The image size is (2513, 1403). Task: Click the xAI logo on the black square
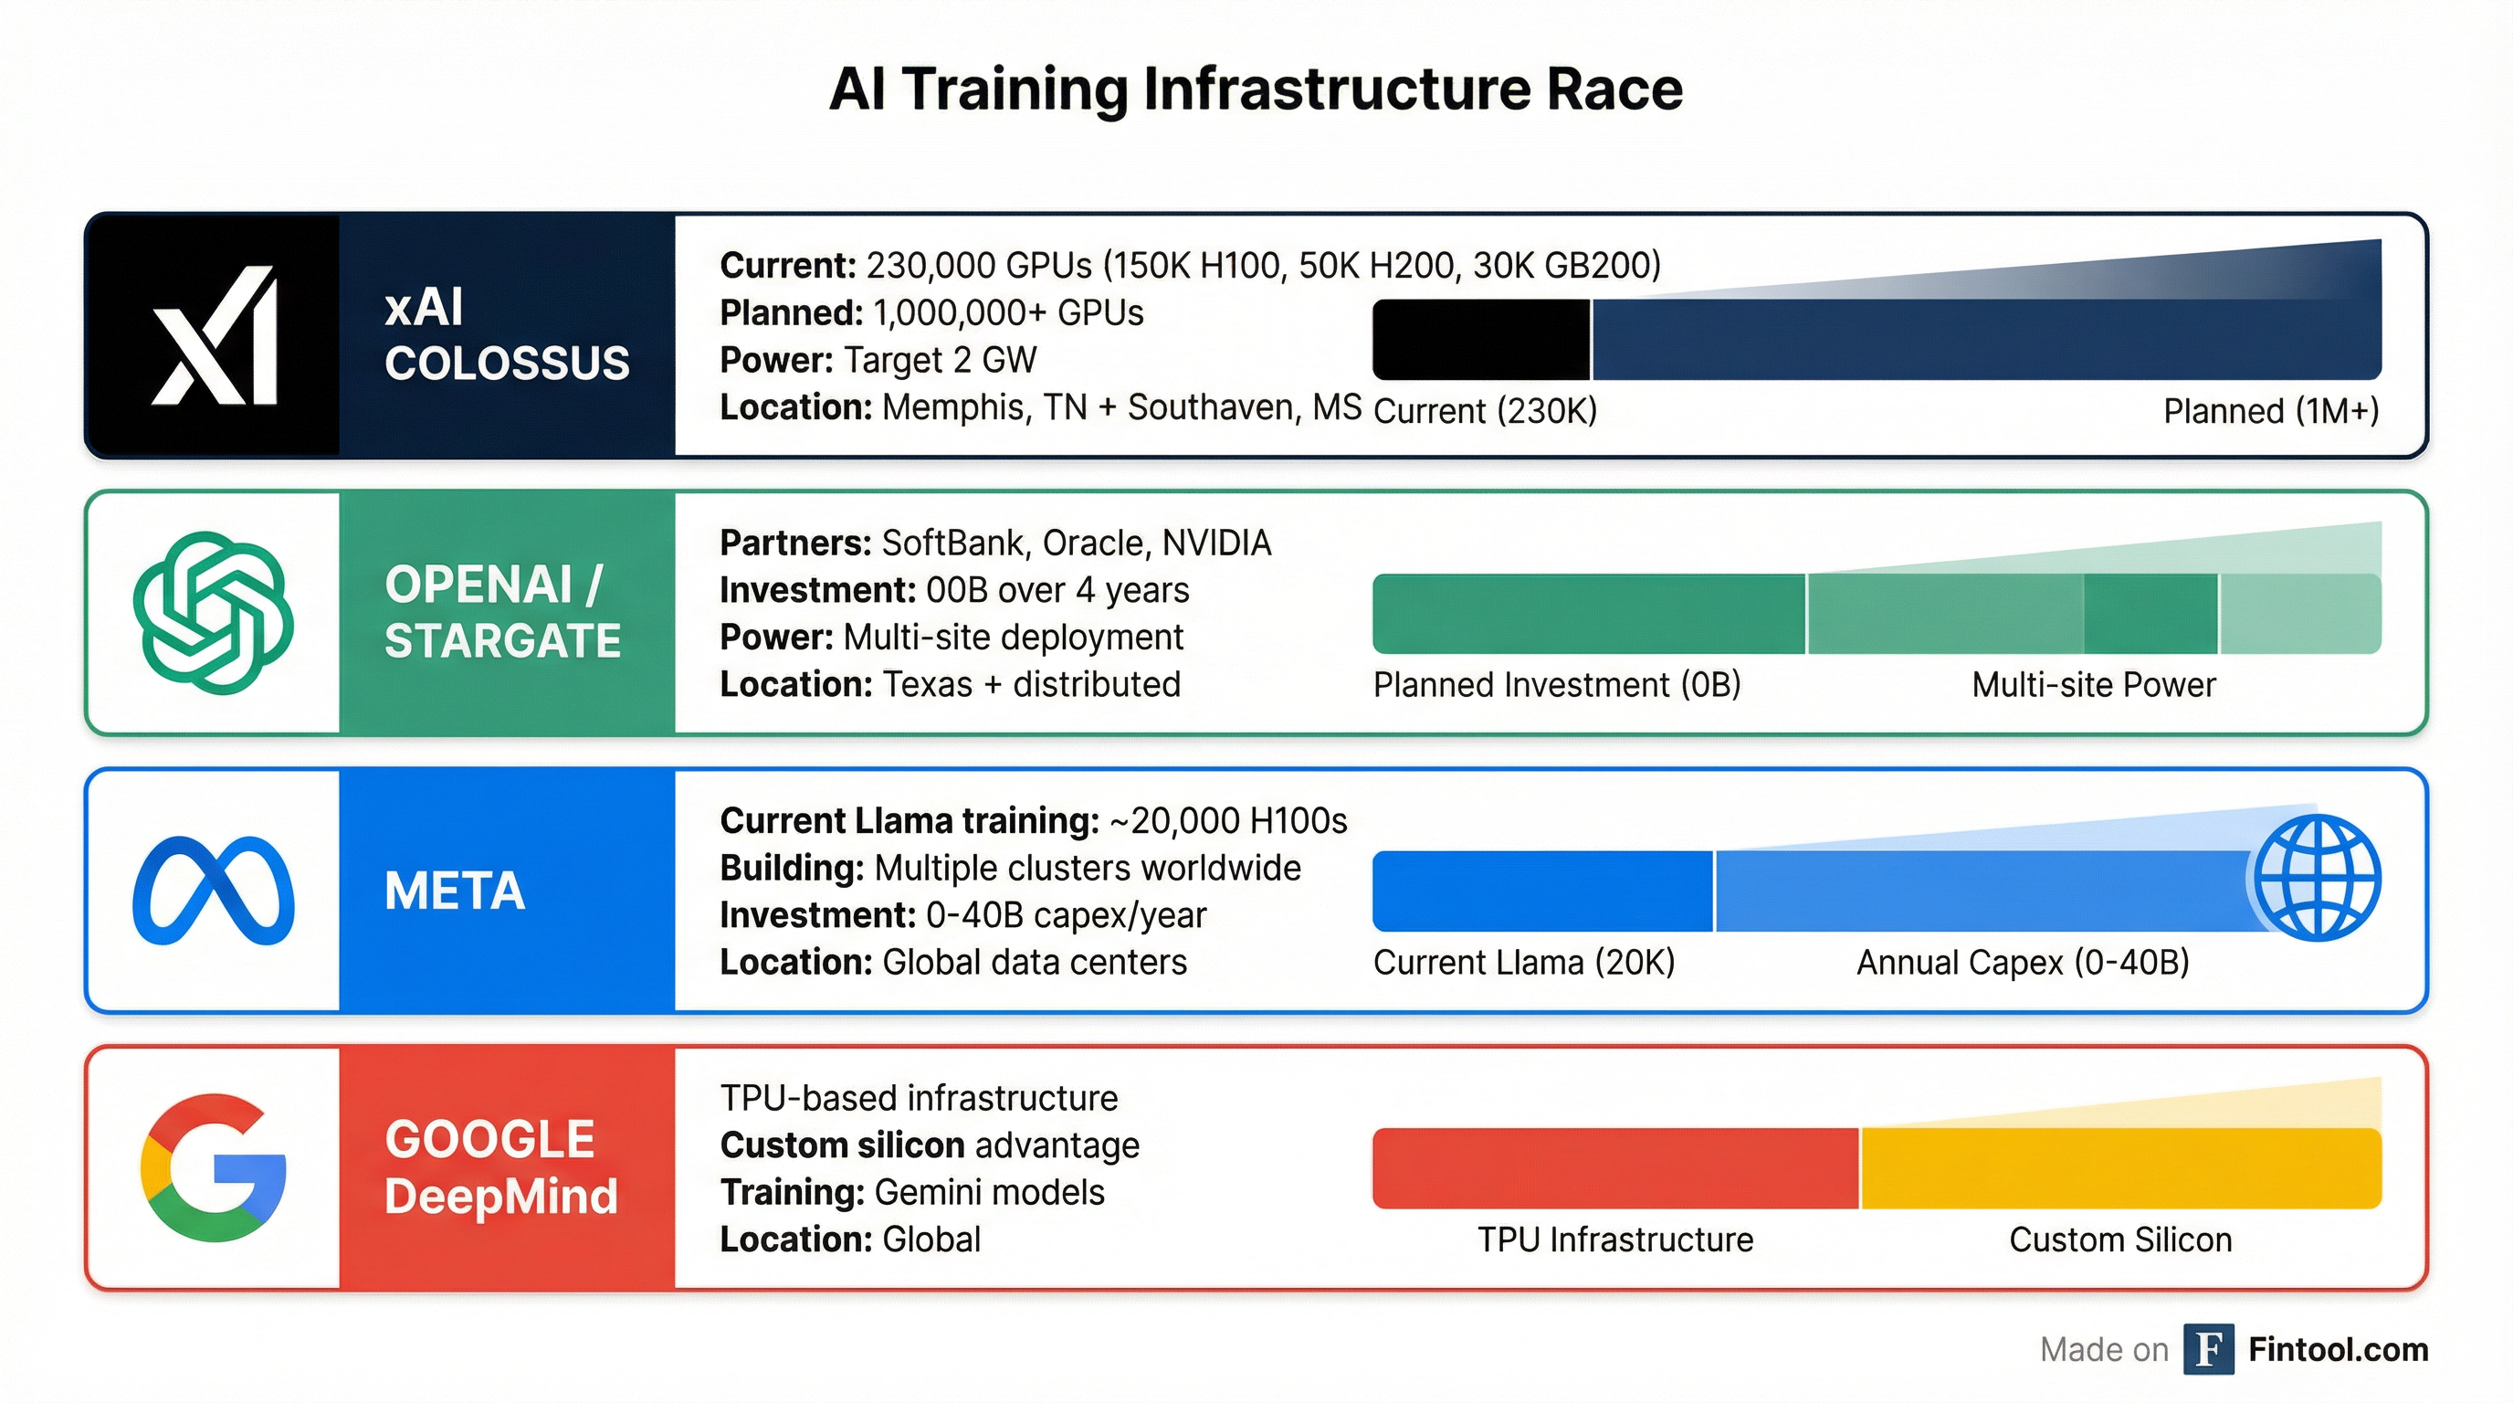tap(214, 334)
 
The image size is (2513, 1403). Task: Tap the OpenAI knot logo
tap(213, 613)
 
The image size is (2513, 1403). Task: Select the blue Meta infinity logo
tap(213, 890)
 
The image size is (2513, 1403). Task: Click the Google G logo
tap(213, 1168)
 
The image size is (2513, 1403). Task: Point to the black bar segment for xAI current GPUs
tap(1481, 340)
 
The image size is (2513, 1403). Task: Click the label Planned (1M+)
tap(2270, 411)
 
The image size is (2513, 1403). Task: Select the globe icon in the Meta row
tap(2317, 877)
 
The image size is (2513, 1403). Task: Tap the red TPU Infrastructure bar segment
tap(1614, 1168)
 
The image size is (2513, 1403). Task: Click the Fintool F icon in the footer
tap(2209, 1349)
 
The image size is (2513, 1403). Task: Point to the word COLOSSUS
tap(506, 364)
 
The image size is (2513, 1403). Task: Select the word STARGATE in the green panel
tap(502, 641)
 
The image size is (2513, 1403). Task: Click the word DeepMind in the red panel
tap(501, 1197)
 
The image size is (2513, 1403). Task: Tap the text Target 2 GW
tap(940, 360)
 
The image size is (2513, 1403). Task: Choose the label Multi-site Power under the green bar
tap(2094, 685)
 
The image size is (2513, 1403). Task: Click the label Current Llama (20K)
tap(1524, 963)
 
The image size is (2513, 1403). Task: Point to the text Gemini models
tap(989, 1192)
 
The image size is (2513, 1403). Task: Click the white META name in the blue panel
tap(455, 891)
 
